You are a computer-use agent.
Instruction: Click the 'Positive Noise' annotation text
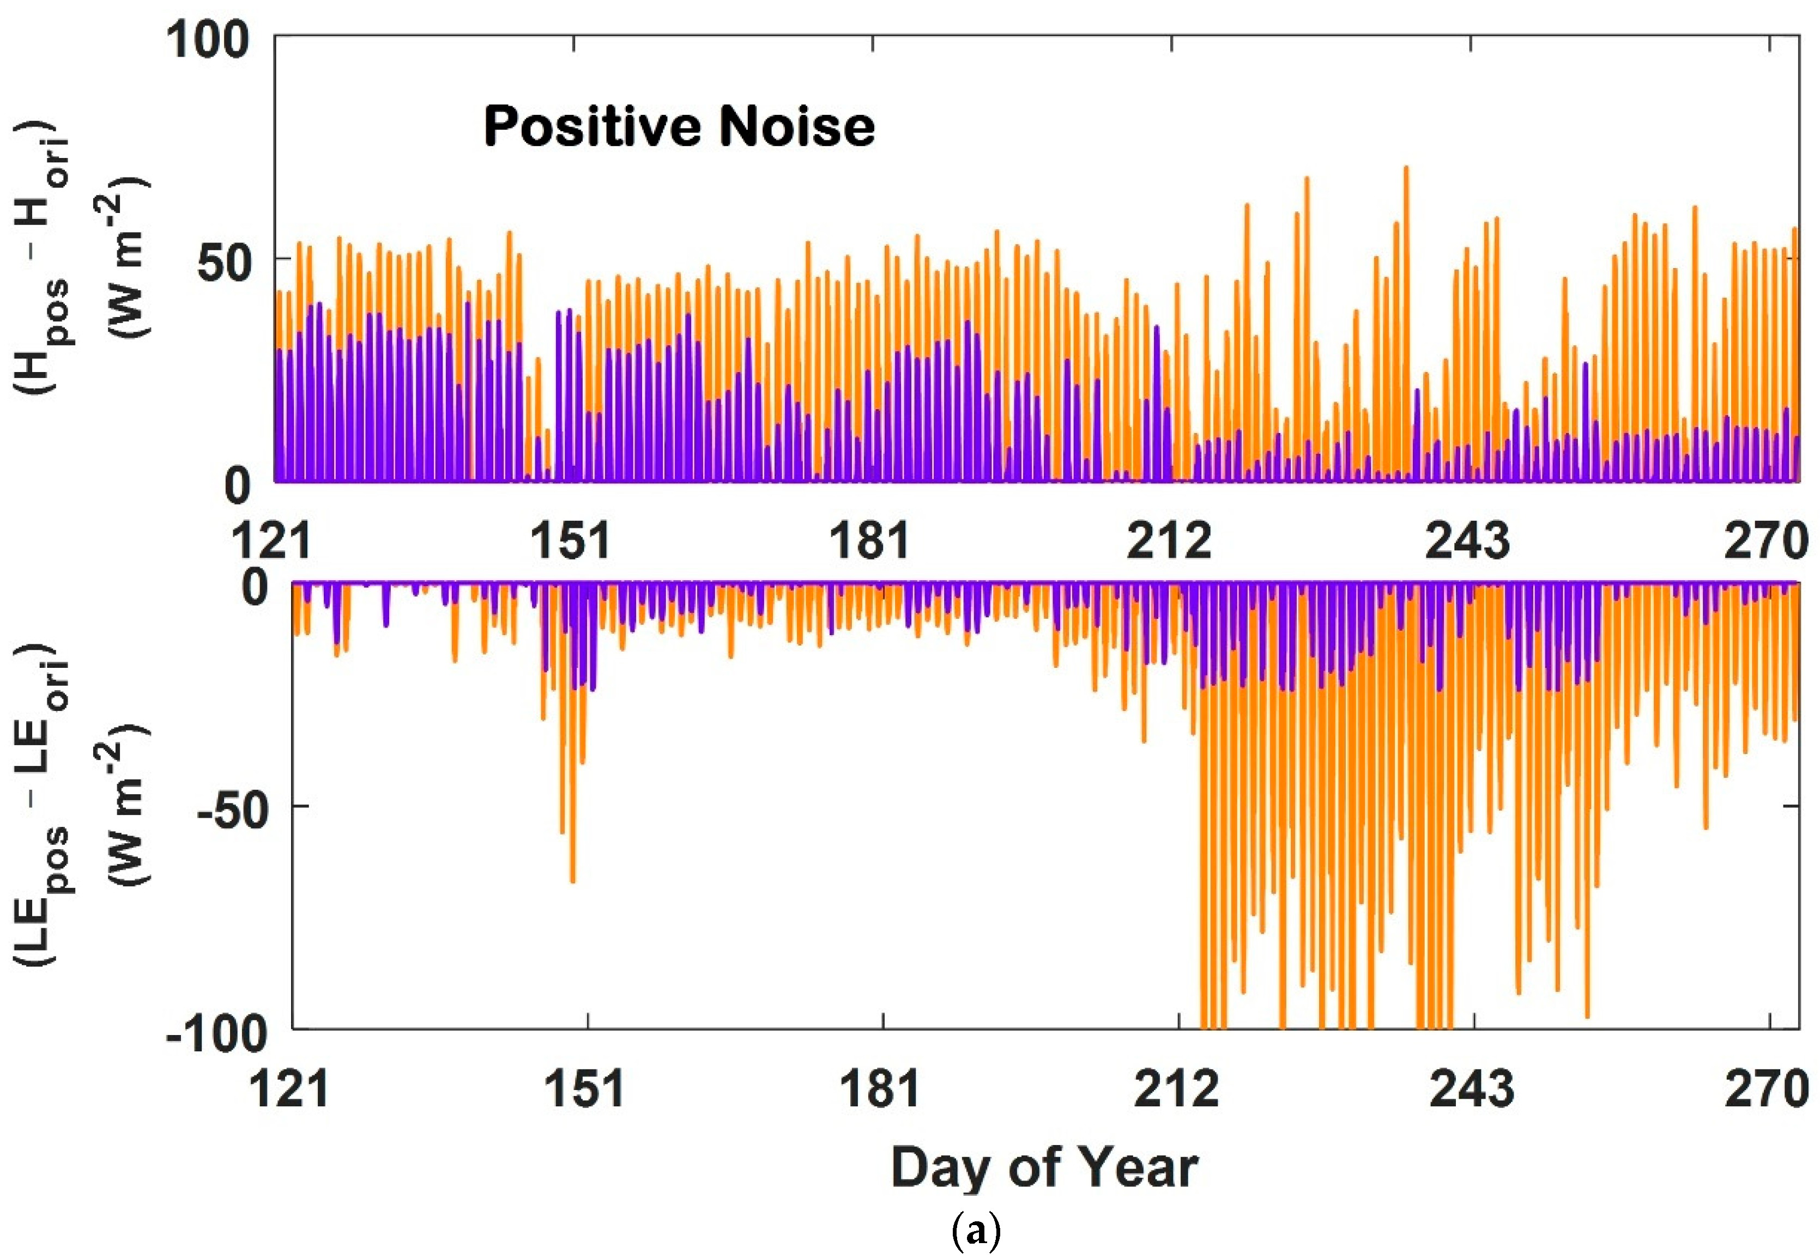pos(679,126)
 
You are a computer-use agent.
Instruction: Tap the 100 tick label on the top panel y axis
pos(207,39)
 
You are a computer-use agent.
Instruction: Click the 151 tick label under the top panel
pos(570,541)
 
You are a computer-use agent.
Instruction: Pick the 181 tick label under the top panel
pos(869,541)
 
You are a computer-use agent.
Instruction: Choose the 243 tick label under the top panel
pos(1468,541)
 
